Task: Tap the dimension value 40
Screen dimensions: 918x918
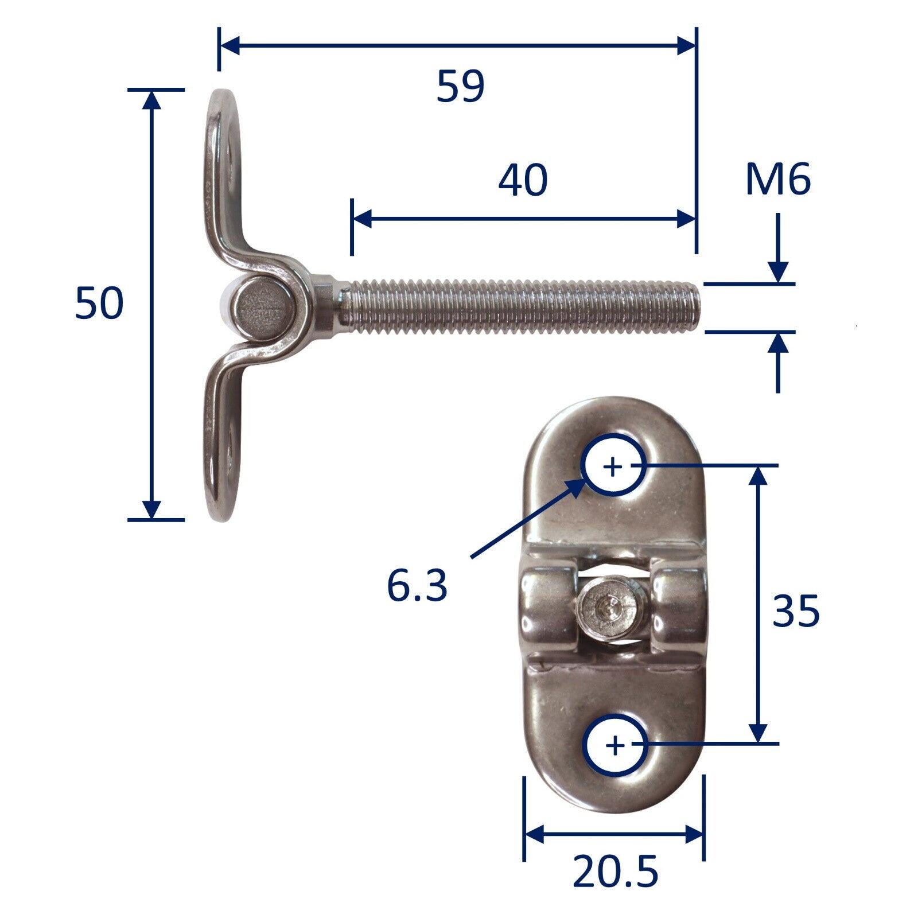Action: (523, 180)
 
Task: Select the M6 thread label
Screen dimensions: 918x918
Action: (777, 180)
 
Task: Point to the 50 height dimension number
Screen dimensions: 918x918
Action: (99, 304)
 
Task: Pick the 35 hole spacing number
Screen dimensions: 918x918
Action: (796, 611)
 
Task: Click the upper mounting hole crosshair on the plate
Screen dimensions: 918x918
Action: (613, 467)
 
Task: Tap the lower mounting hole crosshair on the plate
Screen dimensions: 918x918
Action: (615, 746)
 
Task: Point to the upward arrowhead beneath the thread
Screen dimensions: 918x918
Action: (778, 344)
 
